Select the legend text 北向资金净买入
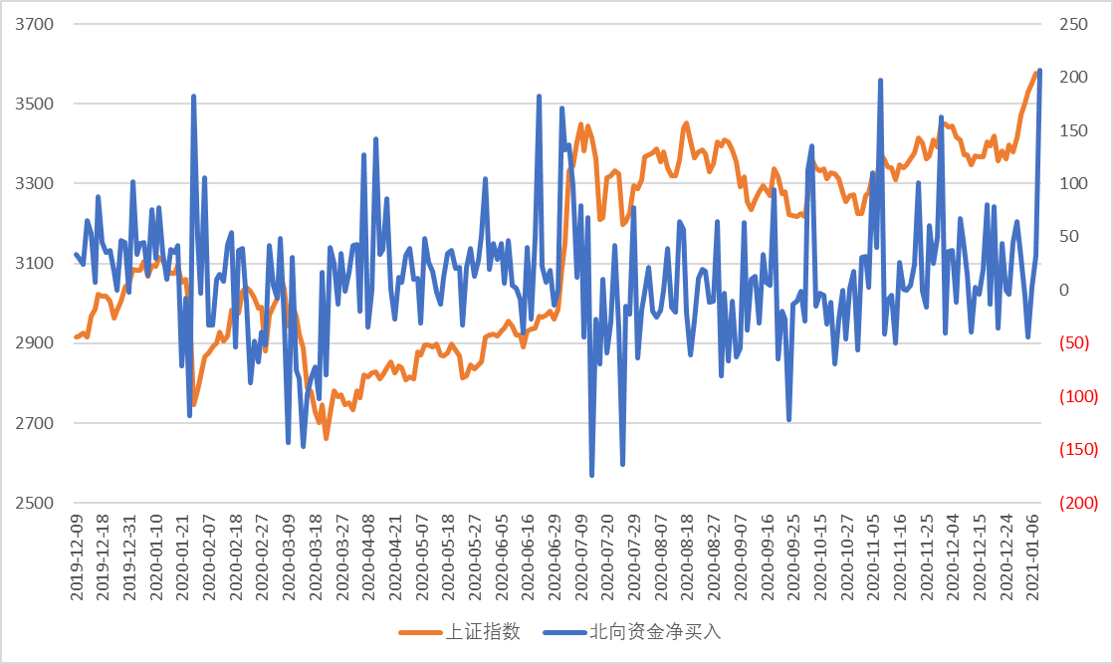(654, 632)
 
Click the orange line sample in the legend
(418, 632)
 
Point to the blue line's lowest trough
(591, 476)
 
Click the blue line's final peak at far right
(1039, 71)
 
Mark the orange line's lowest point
(326, 438)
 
